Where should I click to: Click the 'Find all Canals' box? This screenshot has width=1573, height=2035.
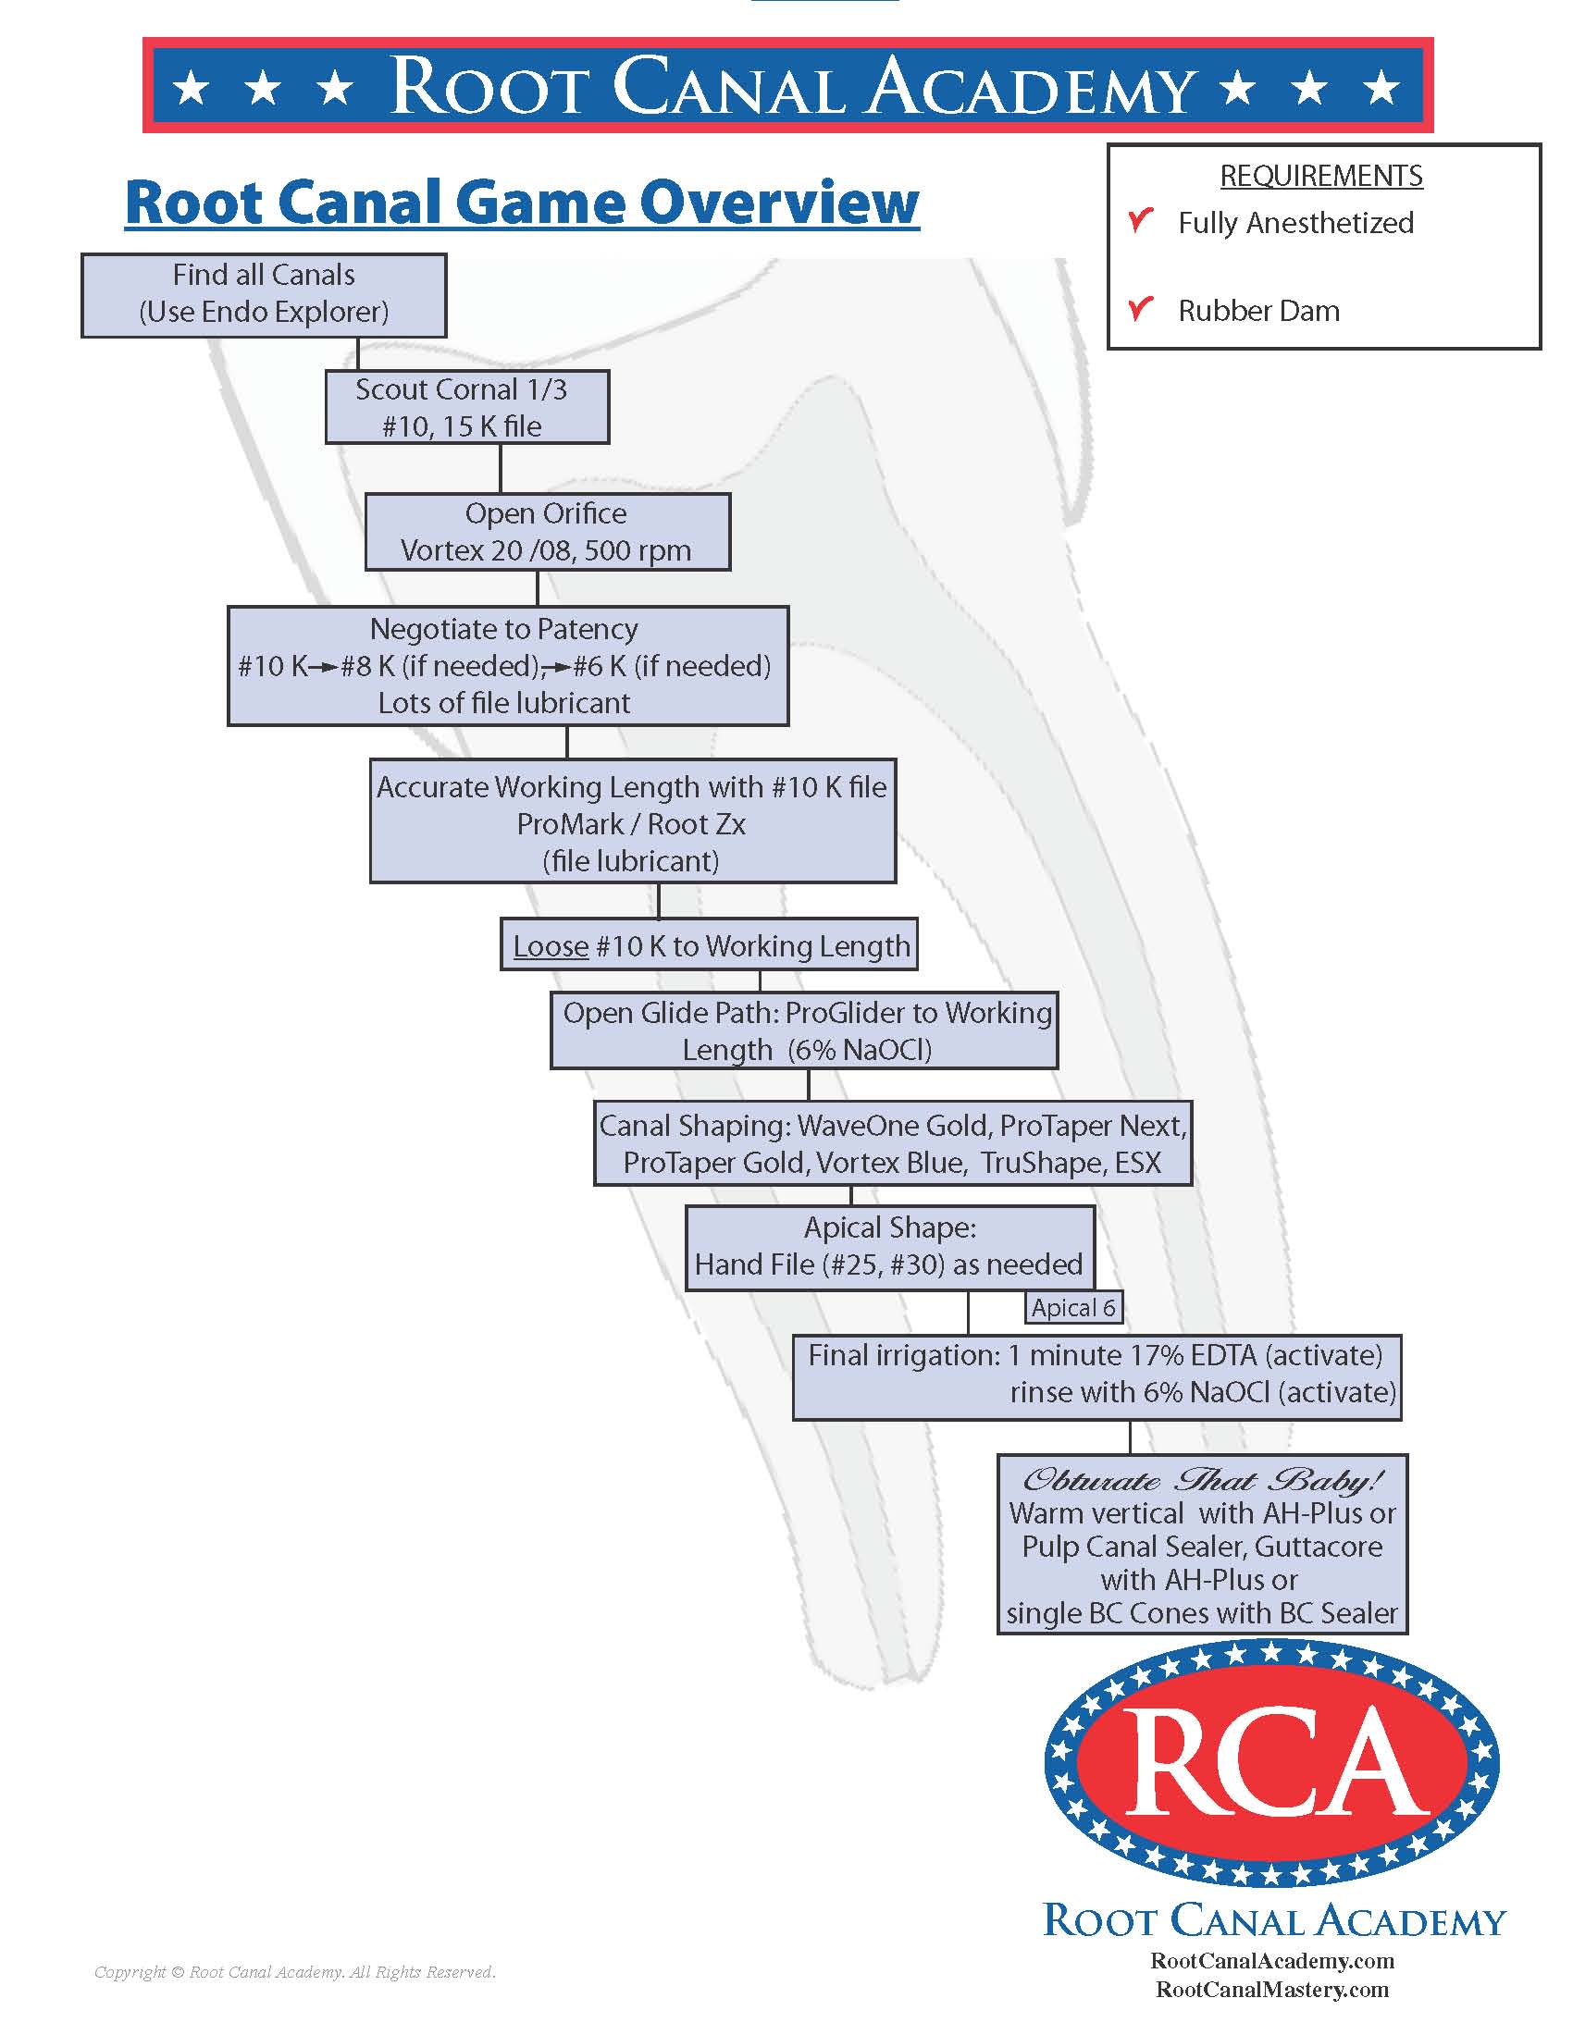(264, 294)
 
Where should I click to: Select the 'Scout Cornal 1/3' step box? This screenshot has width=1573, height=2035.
(467, 407)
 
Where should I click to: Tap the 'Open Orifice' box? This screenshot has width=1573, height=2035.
(547, 532)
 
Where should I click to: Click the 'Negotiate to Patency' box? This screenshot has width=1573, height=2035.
(508, 665)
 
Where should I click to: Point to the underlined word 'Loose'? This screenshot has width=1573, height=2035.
(551, 946)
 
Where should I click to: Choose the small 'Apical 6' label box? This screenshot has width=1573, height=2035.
(1073, 1307)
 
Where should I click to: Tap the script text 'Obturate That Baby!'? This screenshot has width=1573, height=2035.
(1202, 1481)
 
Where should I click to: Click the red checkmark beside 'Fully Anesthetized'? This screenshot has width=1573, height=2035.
(1141, 221)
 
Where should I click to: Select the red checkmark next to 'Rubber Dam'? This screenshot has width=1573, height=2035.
(1141, 308)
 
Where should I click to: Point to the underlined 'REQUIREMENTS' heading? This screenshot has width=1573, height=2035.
(1320, 176)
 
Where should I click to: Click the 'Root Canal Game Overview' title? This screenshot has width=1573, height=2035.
(522, 203)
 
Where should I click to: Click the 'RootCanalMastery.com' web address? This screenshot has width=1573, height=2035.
(1272, 1991)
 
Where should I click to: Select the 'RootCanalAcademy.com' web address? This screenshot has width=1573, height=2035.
(1272, 1960)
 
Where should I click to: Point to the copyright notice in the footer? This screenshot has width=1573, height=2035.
(294, 1972)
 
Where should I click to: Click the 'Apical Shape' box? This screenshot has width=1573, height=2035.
(889, 1248)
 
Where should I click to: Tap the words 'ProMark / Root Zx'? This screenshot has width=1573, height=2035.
(631, 823)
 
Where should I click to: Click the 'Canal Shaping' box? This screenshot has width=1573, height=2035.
(893, 1144)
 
